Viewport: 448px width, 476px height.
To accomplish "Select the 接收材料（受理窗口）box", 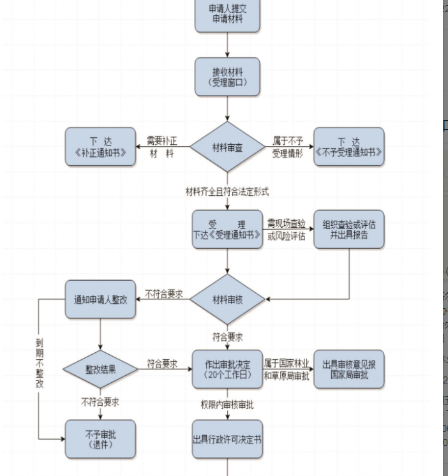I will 227,77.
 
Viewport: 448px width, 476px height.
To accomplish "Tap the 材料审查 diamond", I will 227,147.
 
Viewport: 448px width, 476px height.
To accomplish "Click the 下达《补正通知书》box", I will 100,147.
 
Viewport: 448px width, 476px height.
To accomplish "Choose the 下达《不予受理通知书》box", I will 349,147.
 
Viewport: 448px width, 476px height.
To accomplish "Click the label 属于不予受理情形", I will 288,147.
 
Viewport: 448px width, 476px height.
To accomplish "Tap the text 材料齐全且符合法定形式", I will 227,191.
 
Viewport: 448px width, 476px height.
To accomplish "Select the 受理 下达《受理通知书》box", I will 227,230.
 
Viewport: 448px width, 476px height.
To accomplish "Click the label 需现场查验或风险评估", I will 287,230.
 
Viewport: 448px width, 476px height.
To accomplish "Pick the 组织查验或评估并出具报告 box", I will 349,230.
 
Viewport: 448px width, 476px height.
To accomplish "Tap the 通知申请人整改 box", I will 100,299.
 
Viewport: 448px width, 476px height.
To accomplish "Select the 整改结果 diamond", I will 100,369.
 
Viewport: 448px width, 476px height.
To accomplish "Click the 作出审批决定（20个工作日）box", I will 227,369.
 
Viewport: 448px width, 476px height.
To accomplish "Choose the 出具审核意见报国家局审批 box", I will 349,369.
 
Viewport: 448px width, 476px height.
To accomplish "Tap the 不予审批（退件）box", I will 100,440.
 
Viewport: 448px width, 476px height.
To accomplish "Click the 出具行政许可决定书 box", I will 227,440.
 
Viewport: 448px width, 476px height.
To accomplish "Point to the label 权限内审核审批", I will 227,404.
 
